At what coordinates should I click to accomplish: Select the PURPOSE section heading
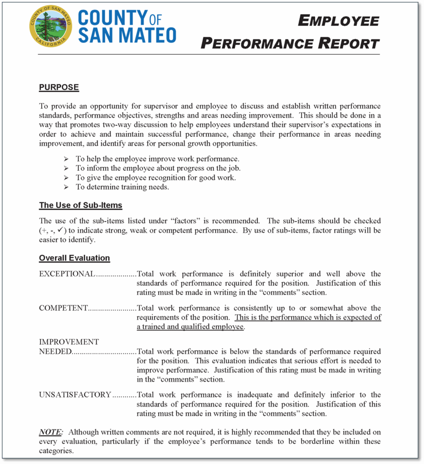[x=59, y=87]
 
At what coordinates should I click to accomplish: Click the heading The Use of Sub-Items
[x=81, y=205]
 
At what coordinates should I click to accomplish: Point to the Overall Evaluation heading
[x=74, y=258]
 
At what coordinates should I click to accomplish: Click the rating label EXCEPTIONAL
[x=67, y=274]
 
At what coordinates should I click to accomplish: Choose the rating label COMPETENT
[x=63, y=308]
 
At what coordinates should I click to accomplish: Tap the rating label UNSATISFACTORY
[x=75, y=395]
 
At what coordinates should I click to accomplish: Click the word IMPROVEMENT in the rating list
[x=69, y=342]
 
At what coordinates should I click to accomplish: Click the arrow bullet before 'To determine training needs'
[x=66, y=187]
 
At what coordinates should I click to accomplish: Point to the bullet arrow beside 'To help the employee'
[x=66, y=159]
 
